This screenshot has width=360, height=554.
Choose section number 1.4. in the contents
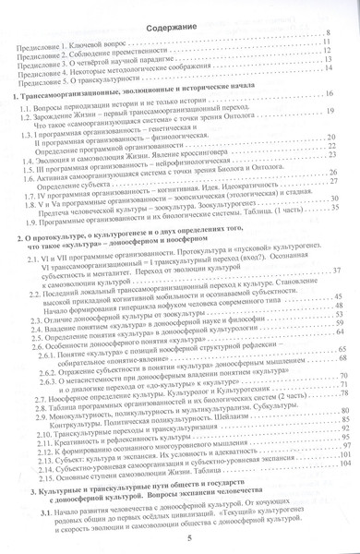tap(31, 167)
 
